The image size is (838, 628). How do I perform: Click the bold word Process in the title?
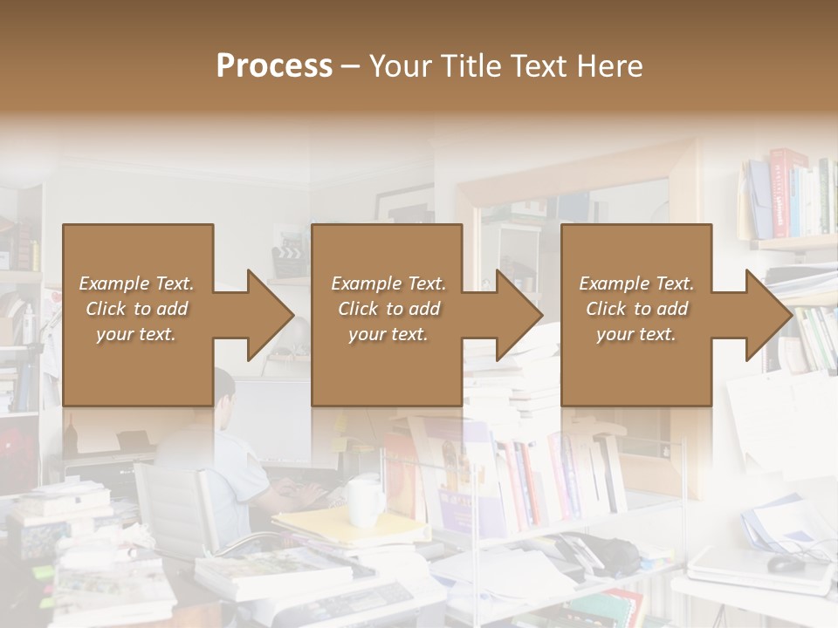pyautogui.click(x=274, y=66)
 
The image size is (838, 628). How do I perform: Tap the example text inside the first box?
pyautogui.click(x=137, y=309)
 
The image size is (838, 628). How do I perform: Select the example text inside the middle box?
pyautogui.click(x=388, y=309)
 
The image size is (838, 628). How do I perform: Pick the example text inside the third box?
pyautogui.click(x=636, y=309)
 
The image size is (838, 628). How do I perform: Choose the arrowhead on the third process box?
pyautogui.click(x=767, y=315)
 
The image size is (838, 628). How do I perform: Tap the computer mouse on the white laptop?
pyautogui.click(x=786, y=563)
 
